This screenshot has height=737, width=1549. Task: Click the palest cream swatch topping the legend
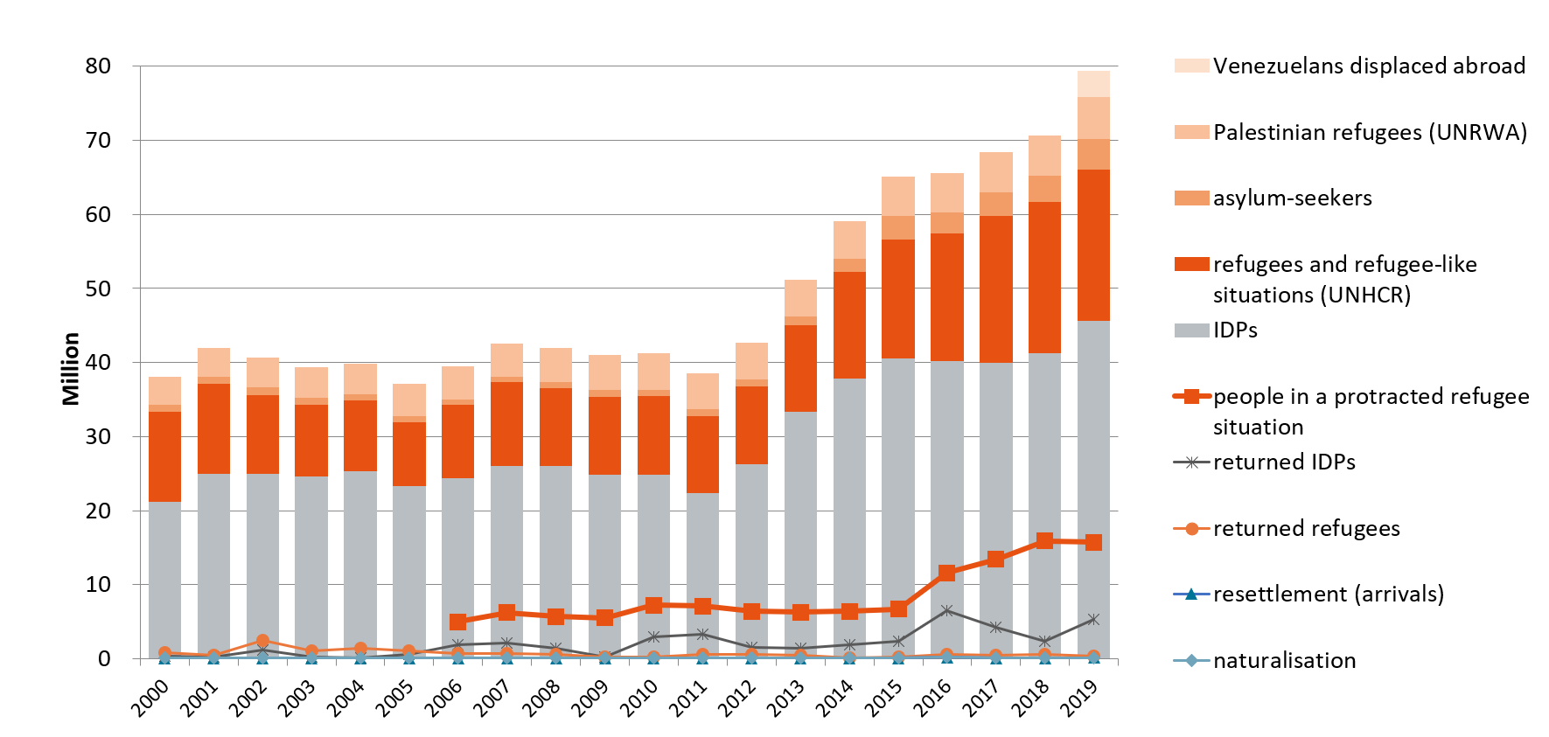point(1191,66)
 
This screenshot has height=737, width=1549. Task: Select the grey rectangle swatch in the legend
point(1191,330)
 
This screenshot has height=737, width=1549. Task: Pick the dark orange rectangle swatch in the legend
point(1191,264)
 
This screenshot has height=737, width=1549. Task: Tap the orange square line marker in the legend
point(1191,396)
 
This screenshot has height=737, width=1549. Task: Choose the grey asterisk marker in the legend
point(1191,462)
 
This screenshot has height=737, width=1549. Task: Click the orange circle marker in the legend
point(1191,529)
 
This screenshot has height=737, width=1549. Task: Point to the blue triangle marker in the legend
point(1191,594)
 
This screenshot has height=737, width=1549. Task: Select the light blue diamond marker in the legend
point(1191,660)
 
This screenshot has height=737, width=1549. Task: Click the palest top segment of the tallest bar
point(1093,84)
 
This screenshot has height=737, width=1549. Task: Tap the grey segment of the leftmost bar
point(164,577)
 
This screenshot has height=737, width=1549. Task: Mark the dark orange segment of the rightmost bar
point(1093,245)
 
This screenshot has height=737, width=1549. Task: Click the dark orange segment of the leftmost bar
point(164,456)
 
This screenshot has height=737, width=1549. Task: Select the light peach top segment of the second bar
point(213,362)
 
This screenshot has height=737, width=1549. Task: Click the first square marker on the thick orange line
point(457,622)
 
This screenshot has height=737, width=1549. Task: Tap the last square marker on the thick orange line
point(1093,542)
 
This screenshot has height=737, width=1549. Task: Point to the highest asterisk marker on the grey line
point(946,610)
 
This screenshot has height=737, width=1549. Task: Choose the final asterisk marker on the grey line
point(1093,619)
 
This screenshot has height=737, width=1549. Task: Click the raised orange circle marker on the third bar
point(262,641)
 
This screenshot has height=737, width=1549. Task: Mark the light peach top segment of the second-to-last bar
point(1044,156)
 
